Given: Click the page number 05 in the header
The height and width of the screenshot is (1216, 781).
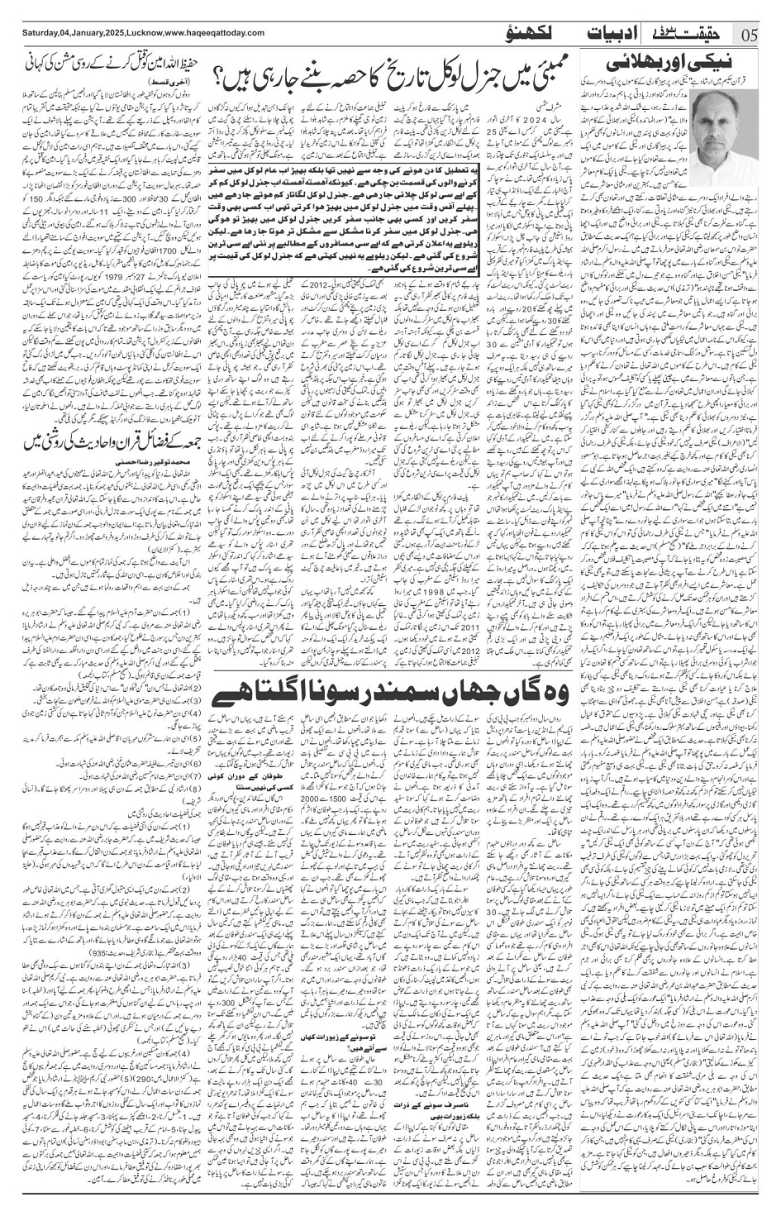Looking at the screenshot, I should pos(751,34).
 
